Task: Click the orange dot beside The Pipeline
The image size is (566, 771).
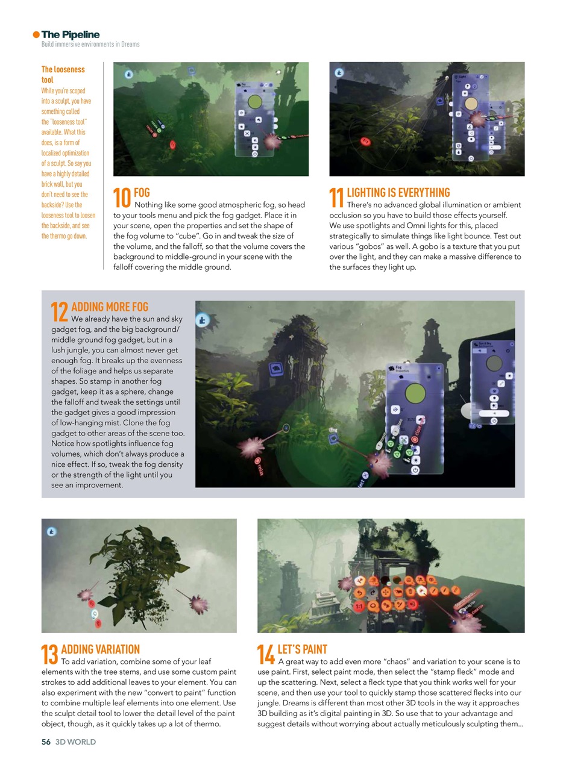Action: pyautogui.click(x=36, y=35)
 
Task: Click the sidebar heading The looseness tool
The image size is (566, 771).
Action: pyautogui.click(x=63, y=74)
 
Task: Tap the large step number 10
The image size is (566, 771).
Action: pyautogui.click(x=122, y=199)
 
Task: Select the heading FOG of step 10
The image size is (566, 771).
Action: pyautogui.click(x=142, y=192)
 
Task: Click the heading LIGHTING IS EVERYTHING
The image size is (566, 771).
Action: pyautogui.click(x=398, y=192)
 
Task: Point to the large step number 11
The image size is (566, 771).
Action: pyautogui.click(x=336, y=199)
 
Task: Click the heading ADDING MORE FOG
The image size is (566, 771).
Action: pyautogui.click(x=110, y=307)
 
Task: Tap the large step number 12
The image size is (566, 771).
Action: pyautogui.click(x=59, y=313)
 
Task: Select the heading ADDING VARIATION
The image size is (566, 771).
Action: pyautogui.click(x=100, y=649)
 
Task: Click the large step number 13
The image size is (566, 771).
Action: pyautogui.click(x=49, y=655)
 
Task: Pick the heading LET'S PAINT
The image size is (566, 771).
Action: pyautogui.click(x=302, y=649)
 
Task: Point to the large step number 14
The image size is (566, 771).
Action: pyautogui.click(x=266, y=655)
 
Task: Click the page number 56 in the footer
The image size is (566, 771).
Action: pyautogui.click(x=46, y=741)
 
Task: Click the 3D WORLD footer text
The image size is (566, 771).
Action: pyautogui.click(x=75, y=741)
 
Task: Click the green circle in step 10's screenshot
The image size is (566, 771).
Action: pyautogui.click(x=254, y=101)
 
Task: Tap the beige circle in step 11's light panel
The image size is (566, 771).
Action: pyautogui.click(x=471, y=104)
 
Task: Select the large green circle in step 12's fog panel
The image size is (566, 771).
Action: pyautogui.click(x=415, y=394)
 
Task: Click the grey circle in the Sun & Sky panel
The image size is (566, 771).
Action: pyautogui.click(x=494, y=363)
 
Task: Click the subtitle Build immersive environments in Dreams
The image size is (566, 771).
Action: pyautogui.click(x=90, y=45)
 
